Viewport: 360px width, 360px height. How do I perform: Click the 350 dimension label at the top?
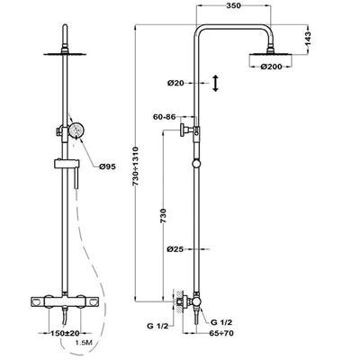coord(233,5)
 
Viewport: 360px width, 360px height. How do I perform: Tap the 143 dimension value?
coord(308,39)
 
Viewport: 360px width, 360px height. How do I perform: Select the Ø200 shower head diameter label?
coord(271,67)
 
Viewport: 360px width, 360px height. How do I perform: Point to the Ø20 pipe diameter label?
coord(175,83)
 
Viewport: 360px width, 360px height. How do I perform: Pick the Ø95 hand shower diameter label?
coord(107,166)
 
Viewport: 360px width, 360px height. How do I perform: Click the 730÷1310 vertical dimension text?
coord(135,166)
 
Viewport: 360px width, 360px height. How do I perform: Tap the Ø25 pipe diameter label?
coord(175,249)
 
